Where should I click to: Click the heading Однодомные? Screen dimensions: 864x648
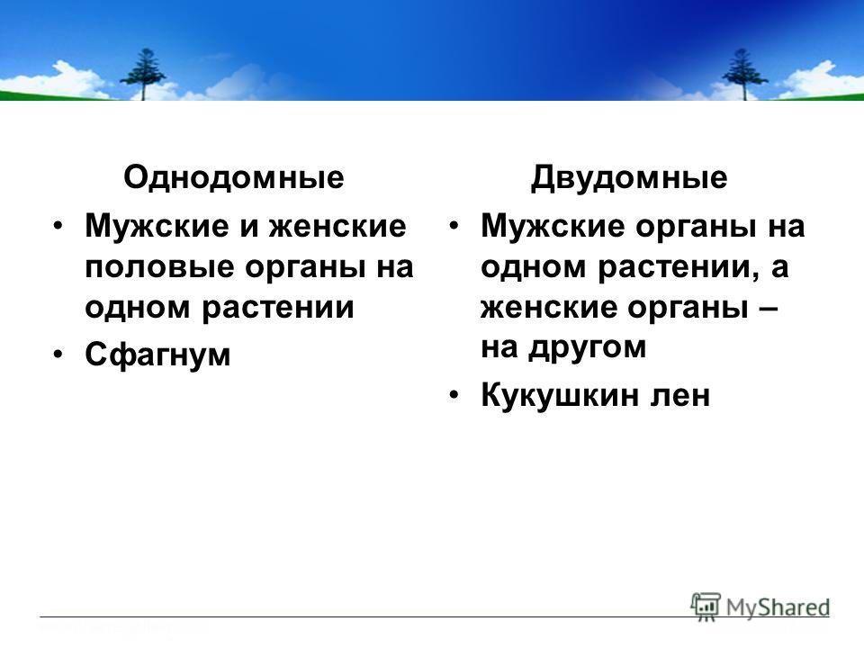[x=234, y=177]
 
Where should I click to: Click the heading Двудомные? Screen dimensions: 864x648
[x=629, y=177]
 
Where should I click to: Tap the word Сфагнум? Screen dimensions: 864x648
[x=157, y=354]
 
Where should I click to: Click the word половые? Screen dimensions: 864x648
[x=159, y=268]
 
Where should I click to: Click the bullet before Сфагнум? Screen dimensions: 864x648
[x=58, y=354]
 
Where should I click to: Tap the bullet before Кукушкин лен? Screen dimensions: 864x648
[x=454, y=394]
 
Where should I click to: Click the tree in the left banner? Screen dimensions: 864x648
[x=143, y=74]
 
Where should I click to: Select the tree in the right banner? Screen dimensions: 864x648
[x=744, y=74]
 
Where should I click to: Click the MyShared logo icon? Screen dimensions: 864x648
[x=706, y=607]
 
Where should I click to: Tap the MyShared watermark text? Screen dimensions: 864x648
[x=778, y=607]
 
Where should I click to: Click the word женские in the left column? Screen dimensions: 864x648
[x=337, y=227]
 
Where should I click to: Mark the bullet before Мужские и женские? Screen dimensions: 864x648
[x=58, y=226]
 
